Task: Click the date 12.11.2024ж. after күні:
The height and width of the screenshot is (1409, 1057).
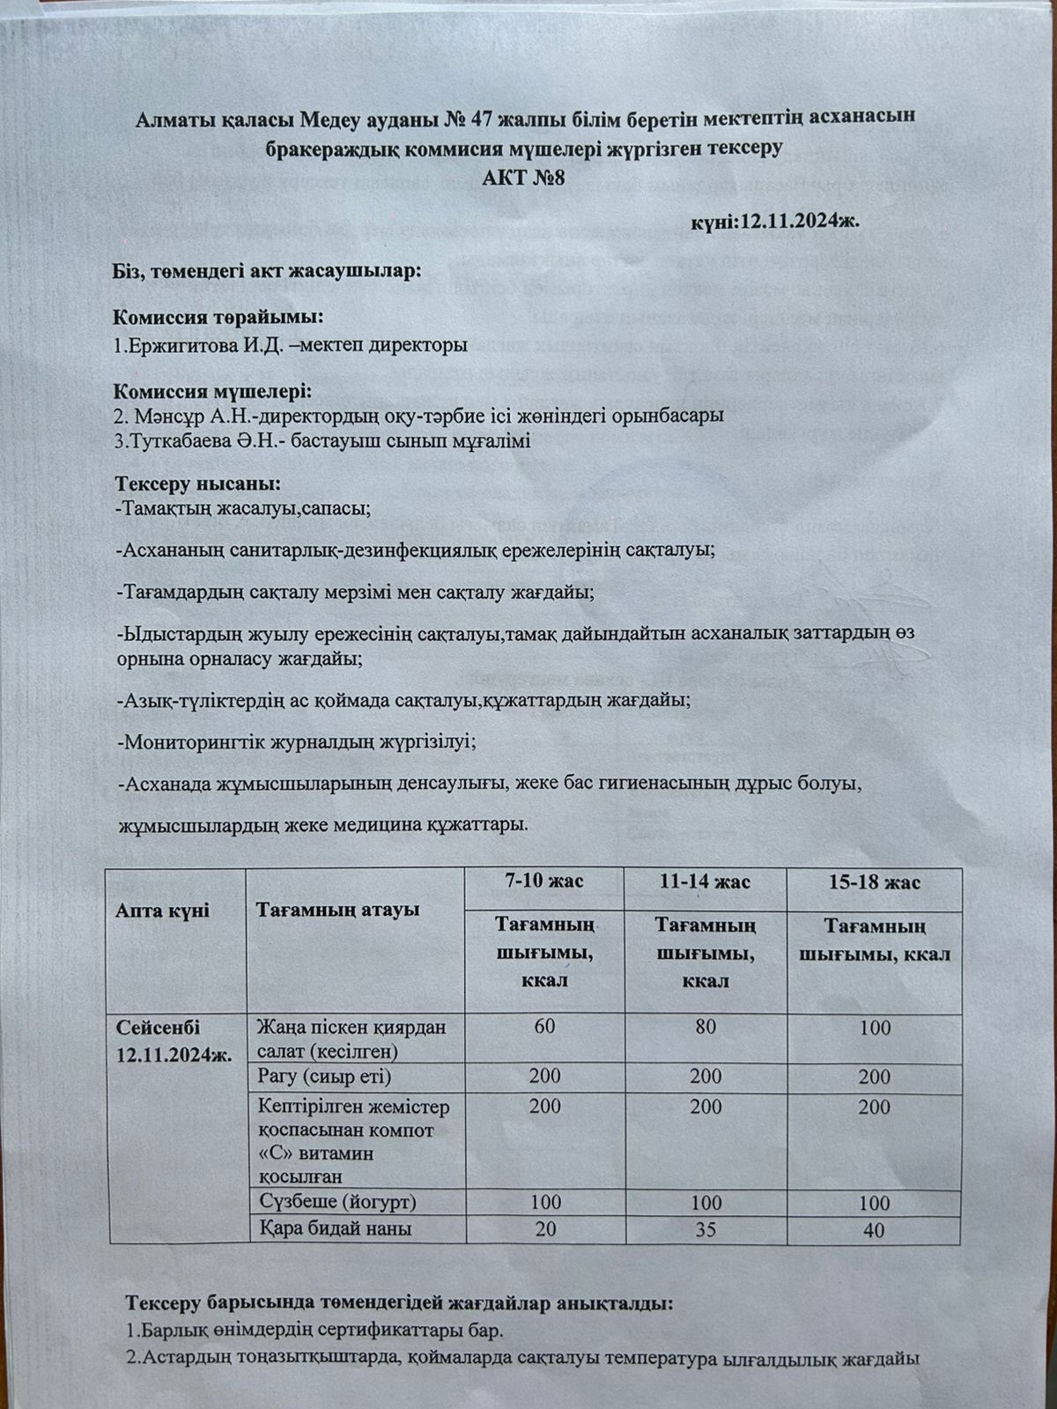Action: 799,219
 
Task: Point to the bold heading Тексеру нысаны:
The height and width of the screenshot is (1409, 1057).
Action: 198,484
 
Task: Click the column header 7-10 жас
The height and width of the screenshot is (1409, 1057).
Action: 543,882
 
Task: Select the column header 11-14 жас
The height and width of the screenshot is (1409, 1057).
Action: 705,882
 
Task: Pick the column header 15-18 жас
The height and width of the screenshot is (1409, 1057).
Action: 875,882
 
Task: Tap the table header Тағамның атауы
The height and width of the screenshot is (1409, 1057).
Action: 336,910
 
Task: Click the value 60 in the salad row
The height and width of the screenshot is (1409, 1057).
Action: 543,1027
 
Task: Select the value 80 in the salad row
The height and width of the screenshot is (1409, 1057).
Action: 705,1027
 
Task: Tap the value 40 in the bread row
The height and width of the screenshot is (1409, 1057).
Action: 875,1230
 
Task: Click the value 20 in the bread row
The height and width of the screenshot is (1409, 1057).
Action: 544,1228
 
